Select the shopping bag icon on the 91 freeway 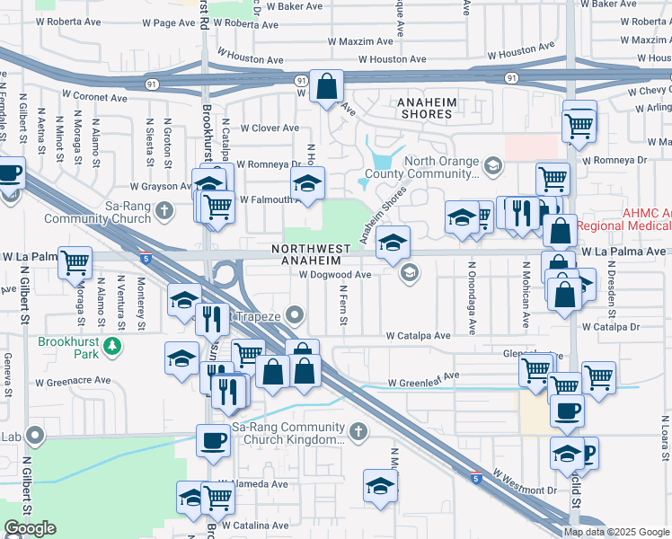point(328,87)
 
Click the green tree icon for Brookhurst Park point(111,344)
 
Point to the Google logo point(30,528)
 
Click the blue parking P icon point(588,455)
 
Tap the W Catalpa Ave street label point(418,335)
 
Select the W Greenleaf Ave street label point(423,381)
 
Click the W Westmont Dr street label point(524,482)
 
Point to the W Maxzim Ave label point(360,41)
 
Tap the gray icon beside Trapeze point(297,315)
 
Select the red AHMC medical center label point(623,219)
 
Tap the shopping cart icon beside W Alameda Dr point(218,497)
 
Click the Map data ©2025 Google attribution point(616,531)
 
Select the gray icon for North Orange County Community point(492,166)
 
